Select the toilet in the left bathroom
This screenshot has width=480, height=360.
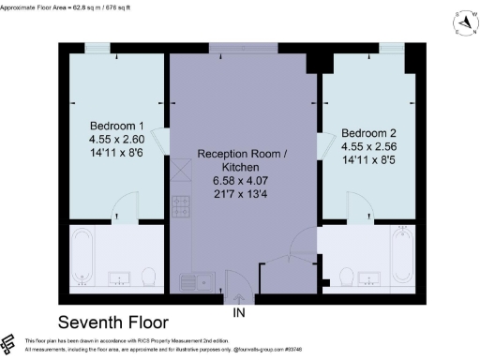pyautogui.click(x=148, y=277)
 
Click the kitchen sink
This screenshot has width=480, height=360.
pyautogui.click(x=199, y=279)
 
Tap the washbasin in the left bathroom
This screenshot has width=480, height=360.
pyautogui.click(x=118, y=277)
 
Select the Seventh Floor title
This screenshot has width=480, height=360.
pyautogui.click(x=119, y=321)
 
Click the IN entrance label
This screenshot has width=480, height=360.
pyautogui.click(x=240, y=311)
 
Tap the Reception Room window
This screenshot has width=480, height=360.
pyautogui.click(x=243, y=48)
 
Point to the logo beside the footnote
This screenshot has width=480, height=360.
pyautogui.click(x=9, y=343)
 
